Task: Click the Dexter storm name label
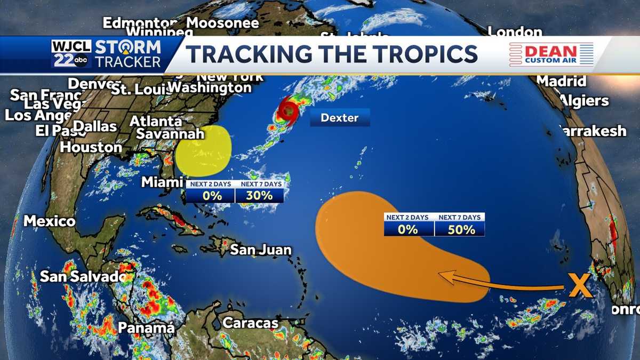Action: pyautogui.click(x=340, y=117)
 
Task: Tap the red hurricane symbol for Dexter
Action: pyautogui.click(x=289, y=111)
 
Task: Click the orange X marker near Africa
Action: pyautogui.click(x=580, y=286)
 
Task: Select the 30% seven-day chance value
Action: pyautogui.click(x=259, y=196)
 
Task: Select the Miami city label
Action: pyautogui.click(x=162, y=182)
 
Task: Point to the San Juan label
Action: pyautogui.click(x=261, y=250)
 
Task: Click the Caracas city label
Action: pyautogui.click(x=250, y=323)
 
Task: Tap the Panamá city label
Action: pyautogui.click(x=146, y=328)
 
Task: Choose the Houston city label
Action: pyautogui.click(x=91, y=147)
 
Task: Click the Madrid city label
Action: pyautogui.click(x=561, y=81)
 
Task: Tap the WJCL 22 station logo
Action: pyautogui.click(x=71, y=54)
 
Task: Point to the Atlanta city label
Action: pyautogui.click(x=156, y=121)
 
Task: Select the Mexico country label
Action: pyautogui.click(x=50, y=221)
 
